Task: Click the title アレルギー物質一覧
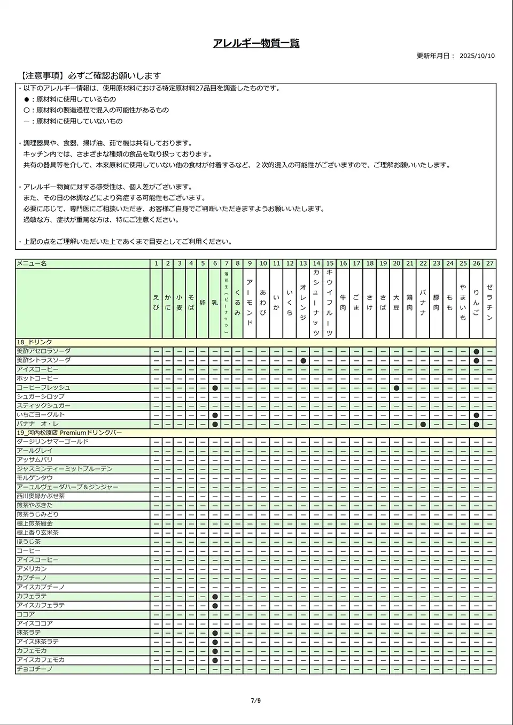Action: click(256, 43)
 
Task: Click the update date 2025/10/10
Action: click(477, 56)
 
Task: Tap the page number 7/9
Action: click(256, 701)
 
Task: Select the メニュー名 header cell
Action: click(32, 264)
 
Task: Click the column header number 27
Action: click(489, 264)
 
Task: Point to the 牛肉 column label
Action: click(343, 303)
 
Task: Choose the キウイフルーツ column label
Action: click(330, 303)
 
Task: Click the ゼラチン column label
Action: click(489, 303)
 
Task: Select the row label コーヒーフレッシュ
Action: click(43, 388)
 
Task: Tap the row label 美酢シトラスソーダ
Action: click(43, 360)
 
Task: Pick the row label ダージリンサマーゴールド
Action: click(52, 442)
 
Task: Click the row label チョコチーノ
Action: click(35, 669)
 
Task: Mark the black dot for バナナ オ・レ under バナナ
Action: click(423, 424)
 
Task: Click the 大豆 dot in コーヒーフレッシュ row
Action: click(396, 388)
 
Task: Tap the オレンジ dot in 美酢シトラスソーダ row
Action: click(303, 360)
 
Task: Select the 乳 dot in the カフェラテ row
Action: click(215, 596)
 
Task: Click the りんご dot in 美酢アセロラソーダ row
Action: click(476, 351)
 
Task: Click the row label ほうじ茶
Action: click(29, 542)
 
